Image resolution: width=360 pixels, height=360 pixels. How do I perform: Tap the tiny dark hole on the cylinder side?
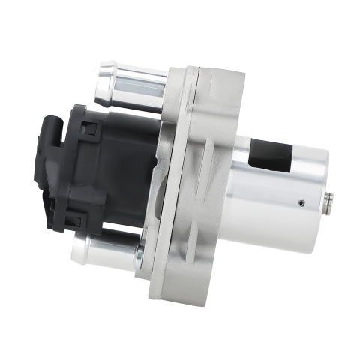click(x=300, y=201)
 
